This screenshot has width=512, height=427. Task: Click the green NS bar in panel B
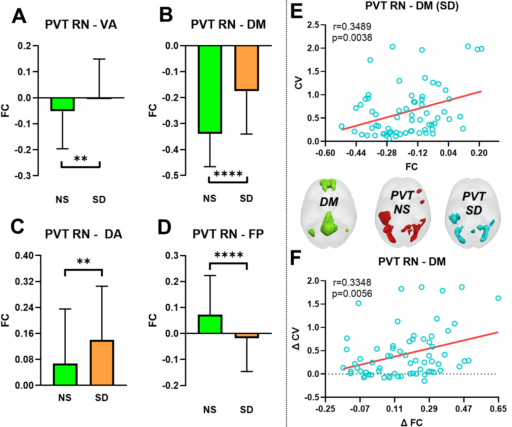tap(210, 89)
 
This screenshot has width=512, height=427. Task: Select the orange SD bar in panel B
tap(247, 68)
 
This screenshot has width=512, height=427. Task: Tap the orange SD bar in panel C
tap(102, 363)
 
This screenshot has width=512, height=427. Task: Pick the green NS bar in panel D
tap(210, 324)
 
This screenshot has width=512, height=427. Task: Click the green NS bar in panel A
tap(63, 104)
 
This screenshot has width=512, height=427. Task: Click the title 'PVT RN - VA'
tap(81, 25)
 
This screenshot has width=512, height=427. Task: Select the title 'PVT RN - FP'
tap(228, 234)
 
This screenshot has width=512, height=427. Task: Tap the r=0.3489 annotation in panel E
tap(352, 27)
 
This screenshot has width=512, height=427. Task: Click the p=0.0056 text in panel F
tap(352, 294)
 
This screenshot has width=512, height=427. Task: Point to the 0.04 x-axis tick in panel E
tap(448, 153)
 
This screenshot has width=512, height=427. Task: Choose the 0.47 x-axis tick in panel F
tap(464, 409)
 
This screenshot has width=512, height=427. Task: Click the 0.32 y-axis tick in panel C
tap(24, 282)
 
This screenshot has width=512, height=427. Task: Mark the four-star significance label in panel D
tap(228, 256)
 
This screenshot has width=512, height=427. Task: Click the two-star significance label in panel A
tap(81, 159)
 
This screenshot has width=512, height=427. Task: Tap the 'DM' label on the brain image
tap(329, 202)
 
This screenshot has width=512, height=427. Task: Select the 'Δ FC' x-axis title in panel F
tap(411, 422)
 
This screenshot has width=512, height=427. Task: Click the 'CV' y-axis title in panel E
tap(298, 83)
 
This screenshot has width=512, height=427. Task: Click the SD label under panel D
tap(246, 410)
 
